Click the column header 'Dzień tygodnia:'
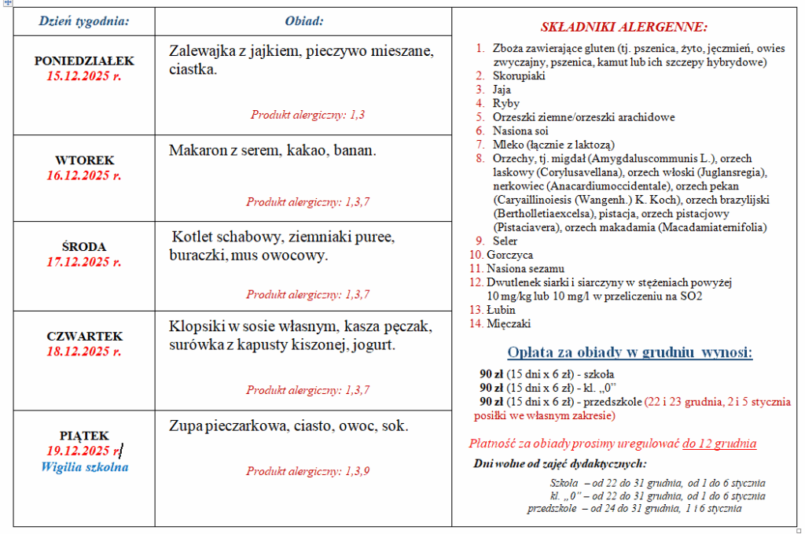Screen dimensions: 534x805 coord(84,20)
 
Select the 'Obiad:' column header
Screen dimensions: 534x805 coord(303,20)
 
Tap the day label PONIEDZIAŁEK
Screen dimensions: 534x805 coord(84,61)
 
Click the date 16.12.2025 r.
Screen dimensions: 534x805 coord(84,175)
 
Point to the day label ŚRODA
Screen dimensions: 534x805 coord(84,246)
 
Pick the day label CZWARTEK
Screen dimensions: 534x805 coord(84,336)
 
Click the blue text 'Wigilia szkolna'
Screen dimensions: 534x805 coord(84,466)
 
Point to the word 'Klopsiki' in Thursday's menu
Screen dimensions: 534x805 coord(196,326)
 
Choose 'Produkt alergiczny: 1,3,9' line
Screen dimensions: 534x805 coord(307,471)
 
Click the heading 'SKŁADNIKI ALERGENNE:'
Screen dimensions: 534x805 coord(623,27)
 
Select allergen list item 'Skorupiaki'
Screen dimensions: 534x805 coord(518,75)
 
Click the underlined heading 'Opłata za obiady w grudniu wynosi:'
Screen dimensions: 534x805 coord(629,352)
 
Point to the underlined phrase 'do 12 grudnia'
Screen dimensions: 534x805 coord(719,444)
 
